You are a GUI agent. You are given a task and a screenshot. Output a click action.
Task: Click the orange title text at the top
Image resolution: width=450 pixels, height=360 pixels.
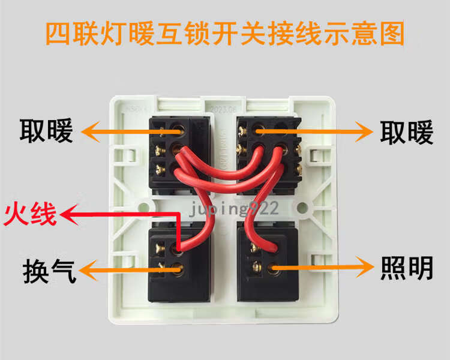click(225, 34)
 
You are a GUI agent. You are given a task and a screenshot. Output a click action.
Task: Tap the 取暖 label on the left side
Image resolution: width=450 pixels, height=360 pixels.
click(46, 131)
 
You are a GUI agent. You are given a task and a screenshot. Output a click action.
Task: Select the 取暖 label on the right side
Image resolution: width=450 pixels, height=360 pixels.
click(406, 133)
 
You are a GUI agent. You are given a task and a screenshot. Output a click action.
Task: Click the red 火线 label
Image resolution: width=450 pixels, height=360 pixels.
click(30, 214)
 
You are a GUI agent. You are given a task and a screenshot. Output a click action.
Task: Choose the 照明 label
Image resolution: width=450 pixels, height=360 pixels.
click(406, 268)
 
